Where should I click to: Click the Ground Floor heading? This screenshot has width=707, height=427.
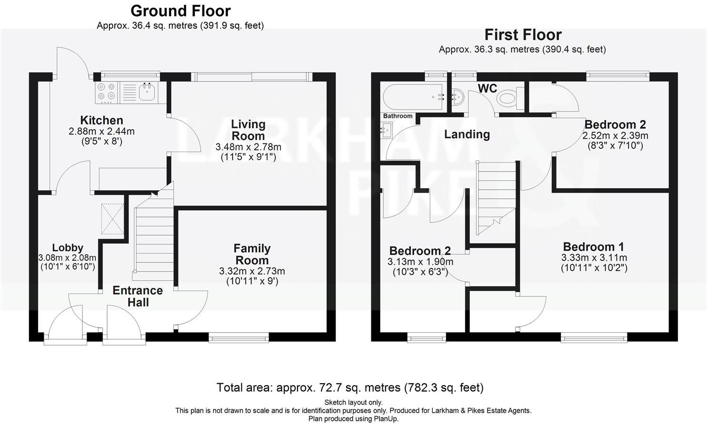point(180,10)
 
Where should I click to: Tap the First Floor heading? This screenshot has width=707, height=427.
point(523,35)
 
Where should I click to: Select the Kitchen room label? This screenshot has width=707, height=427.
point(101,121)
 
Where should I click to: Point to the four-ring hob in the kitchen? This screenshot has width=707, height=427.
point(106,92)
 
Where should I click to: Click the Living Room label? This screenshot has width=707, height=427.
point(248,130)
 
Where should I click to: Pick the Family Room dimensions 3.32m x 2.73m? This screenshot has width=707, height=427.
point(252,271)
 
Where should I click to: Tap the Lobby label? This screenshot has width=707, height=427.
point(68,248)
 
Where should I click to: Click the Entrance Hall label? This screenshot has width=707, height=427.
point(138,296)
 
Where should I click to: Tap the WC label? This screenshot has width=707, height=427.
point(487,89)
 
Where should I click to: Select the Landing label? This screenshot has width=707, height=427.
point(467,134)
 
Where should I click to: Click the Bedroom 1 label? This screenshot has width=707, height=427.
point(593,247)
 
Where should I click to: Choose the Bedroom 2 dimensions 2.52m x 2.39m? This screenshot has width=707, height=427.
point(615,136)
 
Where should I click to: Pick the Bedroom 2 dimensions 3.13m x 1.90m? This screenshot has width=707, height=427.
point(420,262)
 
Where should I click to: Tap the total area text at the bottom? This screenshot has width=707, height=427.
point(350,387)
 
